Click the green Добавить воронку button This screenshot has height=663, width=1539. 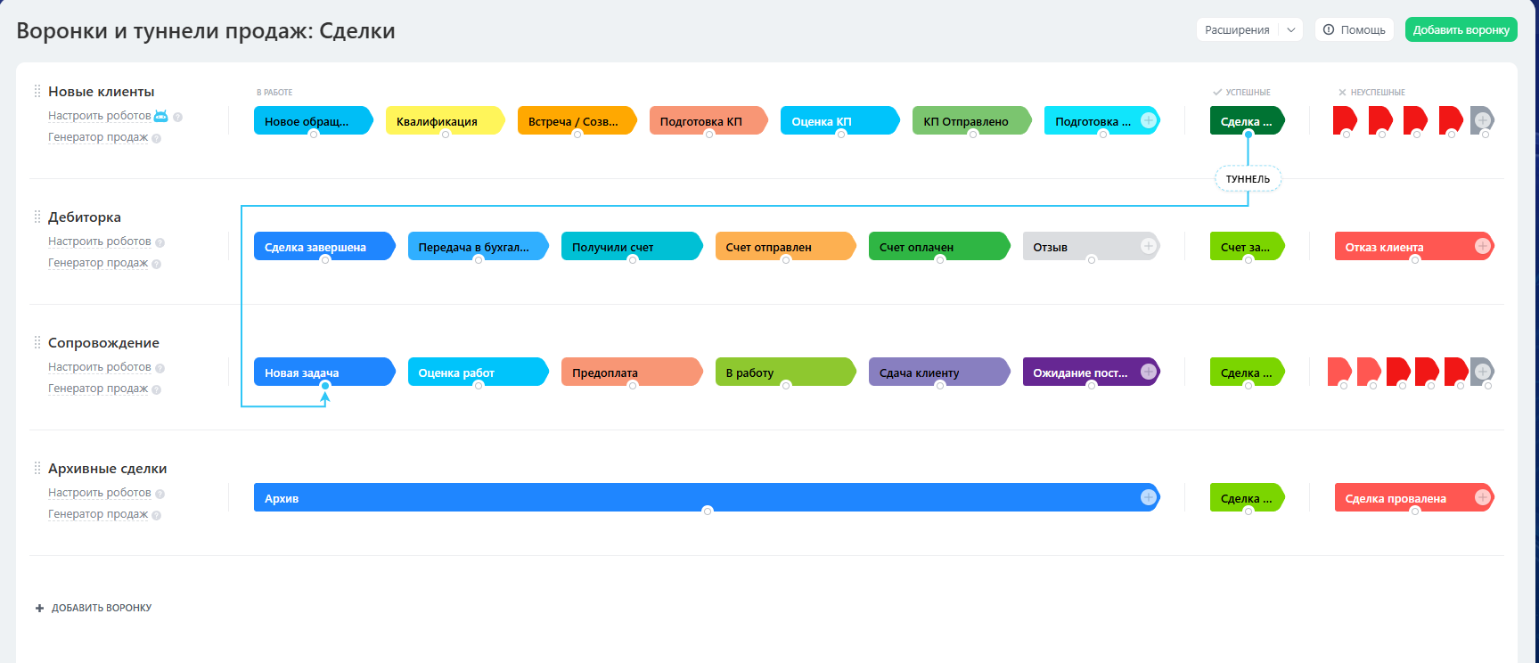point(1461,29)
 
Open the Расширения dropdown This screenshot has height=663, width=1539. point(1249,29)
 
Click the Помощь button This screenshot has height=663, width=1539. point(1354,29)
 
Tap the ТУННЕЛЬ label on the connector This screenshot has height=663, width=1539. point(1248,179)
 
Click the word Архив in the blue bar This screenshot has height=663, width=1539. point(282,498)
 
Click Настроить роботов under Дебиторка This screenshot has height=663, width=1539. point(100,241)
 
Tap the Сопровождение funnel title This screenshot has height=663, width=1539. point(103,343)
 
